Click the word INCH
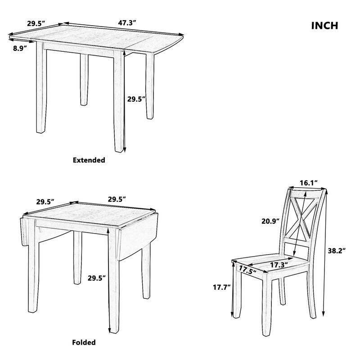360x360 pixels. pos(324,26)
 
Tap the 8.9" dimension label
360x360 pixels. pos(20,47)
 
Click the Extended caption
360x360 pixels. pos(89,160)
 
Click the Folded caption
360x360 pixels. pos(84,342)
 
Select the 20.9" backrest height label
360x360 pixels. pos(270,220)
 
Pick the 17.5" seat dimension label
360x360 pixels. pos(247,270)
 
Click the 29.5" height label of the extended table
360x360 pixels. pos(136,99)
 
